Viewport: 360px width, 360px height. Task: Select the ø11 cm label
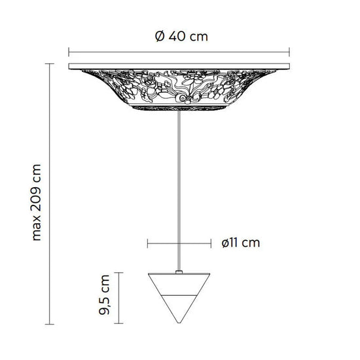coord(240,243)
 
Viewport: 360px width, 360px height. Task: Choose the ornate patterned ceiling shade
coord(180,88)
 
